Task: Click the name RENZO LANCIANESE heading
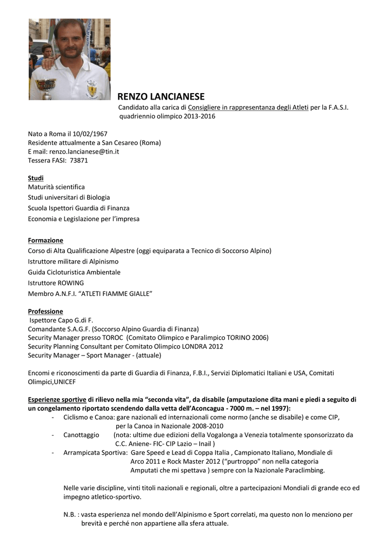tap(161, 97)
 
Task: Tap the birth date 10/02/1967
tap(88, 134)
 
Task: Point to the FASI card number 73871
tap(79, 160)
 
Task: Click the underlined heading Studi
tap(36, 178)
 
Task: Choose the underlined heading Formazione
tap(45, 240)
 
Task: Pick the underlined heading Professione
tap(45, 311)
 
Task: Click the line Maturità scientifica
tap(56, 187)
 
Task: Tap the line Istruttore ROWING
tap(56, 282)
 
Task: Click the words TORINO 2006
tap(248, 338)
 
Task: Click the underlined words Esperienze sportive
tap(57, 399)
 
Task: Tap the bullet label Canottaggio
tap(81, 434)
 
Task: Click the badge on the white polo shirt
tap(92, 88)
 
